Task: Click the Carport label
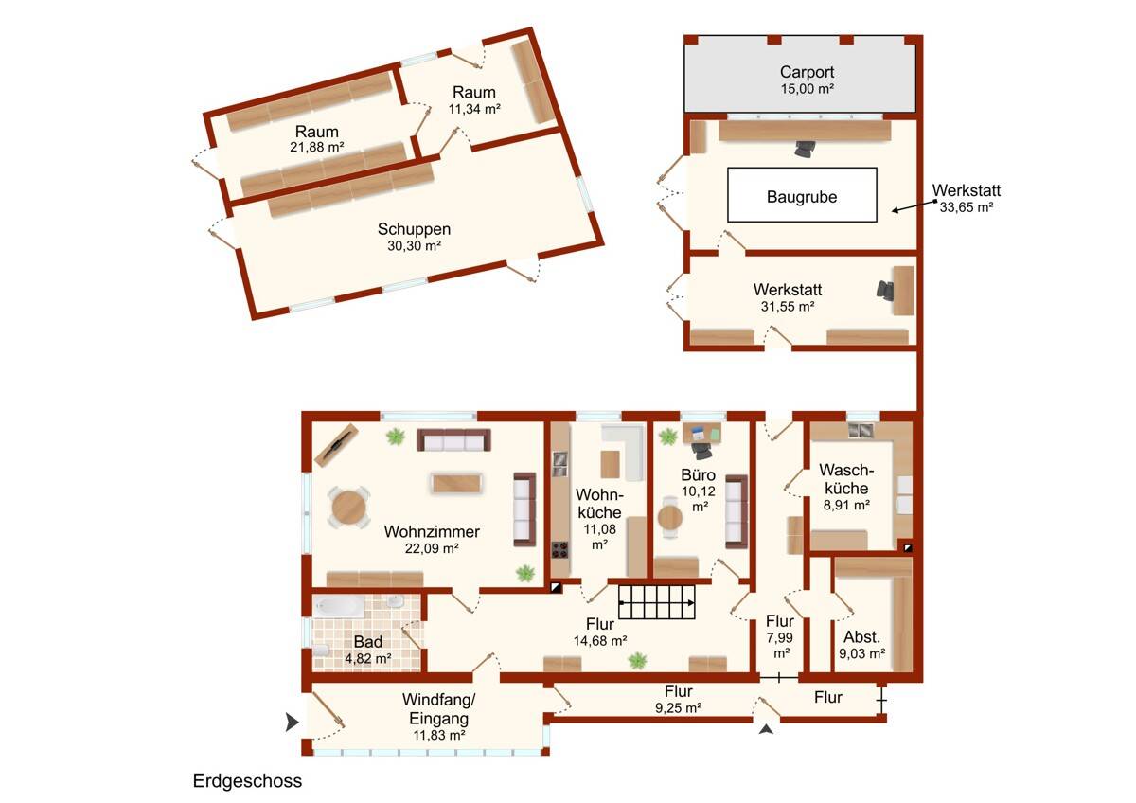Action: click(x=807, y=72)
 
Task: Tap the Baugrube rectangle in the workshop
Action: click(x=802, y=195)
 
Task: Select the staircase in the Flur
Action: click(x=657, y=602)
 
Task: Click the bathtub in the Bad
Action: click(x=338, y=606)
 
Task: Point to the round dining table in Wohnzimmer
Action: click(x=348, y=508)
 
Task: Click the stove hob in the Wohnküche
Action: click(x=559, y=549)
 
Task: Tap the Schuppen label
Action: click(x=414, y=229)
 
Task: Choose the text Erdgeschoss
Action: click(x=247, y=780)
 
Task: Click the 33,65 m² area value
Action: click(x=967, y=207)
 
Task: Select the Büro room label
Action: click(x=698, y=474)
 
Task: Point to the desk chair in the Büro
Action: click(x=701, y=450)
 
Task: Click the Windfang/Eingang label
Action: click(x=438, y=708)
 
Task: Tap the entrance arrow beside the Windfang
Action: click(x=292, y=722)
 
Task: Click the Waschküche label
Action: click(x=846, y=479)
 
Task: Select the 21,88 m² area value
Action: click(x=317, y=147)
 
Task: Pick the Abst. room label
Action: click(x=861, y=637)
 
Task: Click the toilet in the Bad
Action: click(x=321, y=651)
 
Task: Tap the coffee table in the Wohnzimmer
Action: click(x=456, y=484)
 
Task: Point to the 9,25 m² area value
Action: click(x=678, y=707)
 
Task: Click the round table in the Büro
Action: click(x=670, y=517)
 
